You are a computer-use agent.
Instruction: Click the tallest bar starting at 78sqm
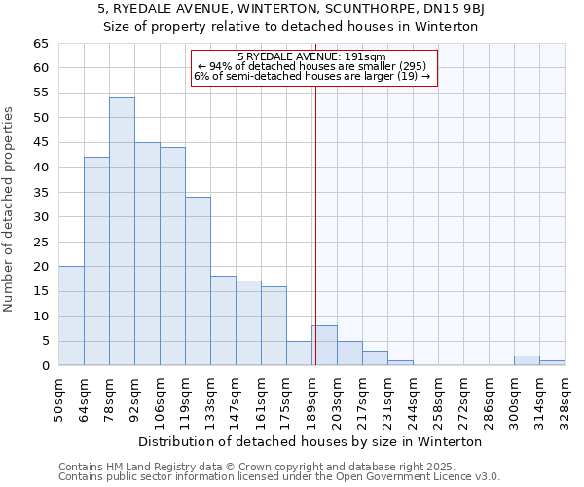click(x=122, y=232)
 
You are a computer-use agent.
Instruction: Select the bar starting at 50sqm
click(x=71, y=316)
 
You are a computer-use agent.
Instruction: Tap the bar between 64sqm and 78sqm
click(x=96, y=261)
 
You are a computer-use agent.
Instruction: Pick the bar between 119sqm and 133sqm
click(x=198, y=281)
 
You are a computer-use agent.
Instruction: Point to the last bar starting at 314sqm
click(x=552, y=363)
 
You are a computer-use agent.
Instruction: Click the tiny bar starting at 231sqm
click(x=400, y=363)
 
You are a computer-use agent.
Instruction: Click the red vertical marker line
click(x=315, y=243)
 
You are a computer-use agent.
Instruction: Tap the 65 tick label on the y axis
click(x=40, y=44)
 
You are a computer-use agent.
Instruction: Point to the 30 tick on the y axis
click(x=40, y=217)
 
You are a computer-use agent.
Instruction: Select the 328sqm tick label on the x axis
click(x=565, y=396)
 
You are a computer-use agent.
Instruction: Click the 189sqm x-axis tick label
click(x=311, y=396)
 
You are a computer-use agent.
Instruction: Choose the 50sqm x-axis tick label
click(x=58, y=396)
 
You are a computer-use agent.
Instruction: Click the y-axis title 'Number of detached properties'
click(x=10, y=209)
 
